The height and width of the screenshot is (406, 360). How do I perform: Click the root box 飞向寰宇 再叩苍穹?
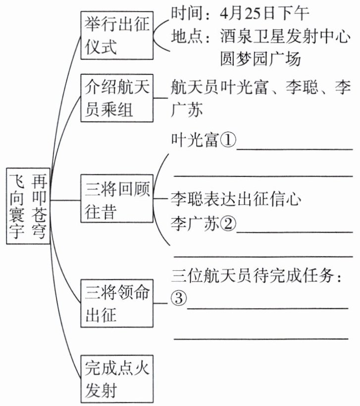click(x=29, y=206)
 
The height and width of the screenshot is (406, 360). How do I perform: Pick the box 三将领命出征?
click(x=117, y=303)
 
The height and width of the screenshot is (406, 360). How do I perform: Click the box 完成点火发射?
click(x=117, y=379)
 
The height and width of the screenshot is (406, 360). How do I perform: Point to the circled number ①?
click(x=226, y=141)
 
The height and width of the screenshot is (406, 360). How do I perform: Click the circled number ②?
click(x=226, y=225)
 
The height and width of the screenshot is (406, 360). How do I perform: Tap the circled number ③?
click(x=179, y=299)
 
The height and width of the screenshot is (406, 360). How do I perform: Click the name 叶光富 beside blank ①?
click(x=194, y=141)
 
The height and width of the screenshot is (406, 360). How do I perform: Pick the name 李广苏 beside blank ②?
click(x=194, y=225)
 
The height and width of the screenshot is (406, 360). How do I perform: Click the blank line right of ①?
click(x=295, y=148)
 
